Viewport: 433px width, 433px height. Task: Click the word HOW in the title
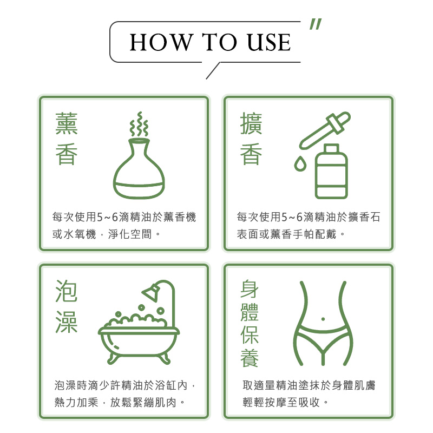(161, 42)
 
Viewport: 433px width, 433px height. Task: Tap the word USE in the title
(268, 42)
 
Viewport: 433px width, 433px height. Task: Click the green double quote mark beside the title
(316, 24)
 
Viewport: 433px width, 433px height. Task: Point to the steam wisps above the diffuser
(139, 124)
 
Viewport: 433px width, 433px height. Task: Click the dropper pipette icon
(325, 130)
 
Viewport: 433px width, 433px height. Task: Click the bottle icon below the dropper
(331, 171)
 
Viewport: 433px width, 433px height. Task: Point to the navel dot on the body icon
(323, 319)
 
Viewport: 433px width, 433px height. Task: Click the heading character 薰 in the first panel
(67, 123)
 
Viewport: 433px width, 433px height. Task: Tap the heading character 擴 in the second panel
(251, 123)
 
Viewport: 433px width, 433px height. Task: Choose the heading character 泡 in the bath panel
(67, 291)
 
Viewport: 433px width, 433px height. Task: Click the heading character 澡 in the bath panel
(67, 322)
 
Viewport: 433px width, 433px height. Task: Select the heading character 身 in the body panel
(250, 289)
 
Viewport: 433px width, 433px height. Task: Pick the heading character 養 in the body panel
(250, 358)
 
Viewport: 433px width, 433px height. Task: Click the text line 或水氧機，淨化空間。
(106, 234)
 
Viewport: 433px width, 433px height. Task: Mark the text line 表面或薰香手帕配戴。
(291, 234)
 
